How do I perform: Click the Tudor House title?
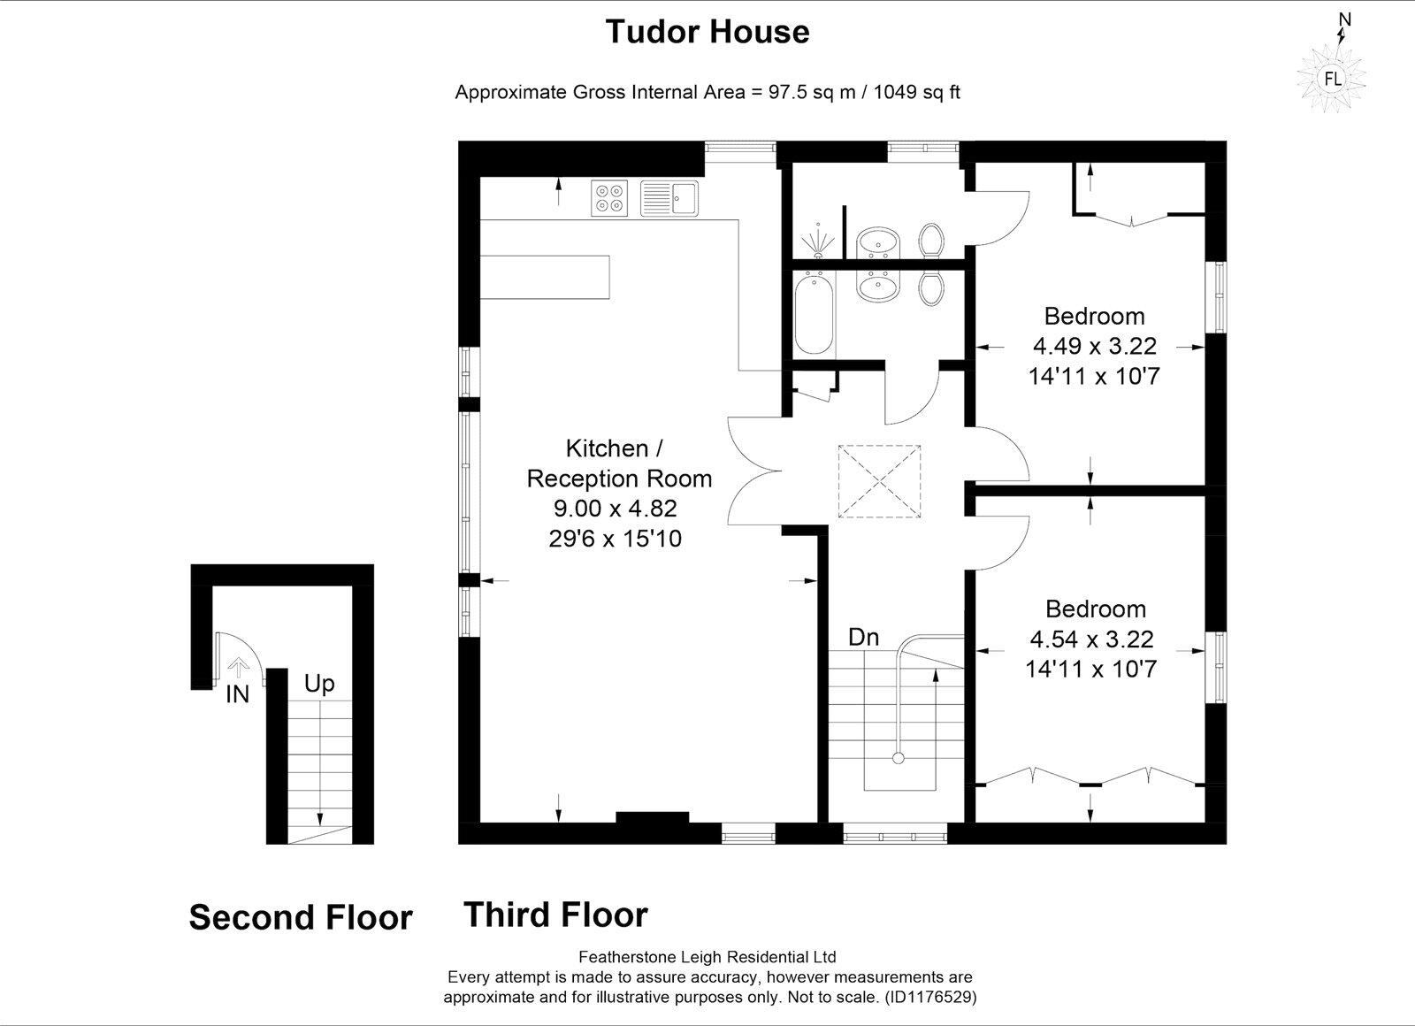[x=707, y=32]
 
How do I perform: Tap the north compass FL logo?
[x=1332, y=79]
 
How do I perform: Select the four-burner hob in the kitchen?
[x=609, y=197]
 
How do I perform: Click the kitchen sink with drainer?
[x=669, y=197]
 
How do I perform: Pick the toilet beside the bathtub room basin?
[x=929, y=287]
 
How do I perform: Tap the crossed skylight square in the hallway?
[x=878, y=481]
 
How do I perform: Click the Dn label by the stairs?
[x=863, y=637]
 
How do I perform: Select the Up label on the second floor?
[x=319, y=684]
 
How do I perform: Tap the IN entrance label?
[x=237, y=695]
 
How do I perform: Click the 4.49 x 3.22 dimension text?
[x=1094, y=346]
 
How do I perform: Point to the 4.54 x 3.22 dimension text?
[x=1091, y=639]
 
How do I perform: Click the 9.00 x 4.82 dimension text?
[x=615, y=509]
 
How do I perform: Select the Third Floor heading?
[x=555, y=915]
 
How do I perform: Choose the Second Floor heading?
[x=301, y=917]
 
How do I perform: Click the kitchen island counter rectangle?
[x=545, y=277]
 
